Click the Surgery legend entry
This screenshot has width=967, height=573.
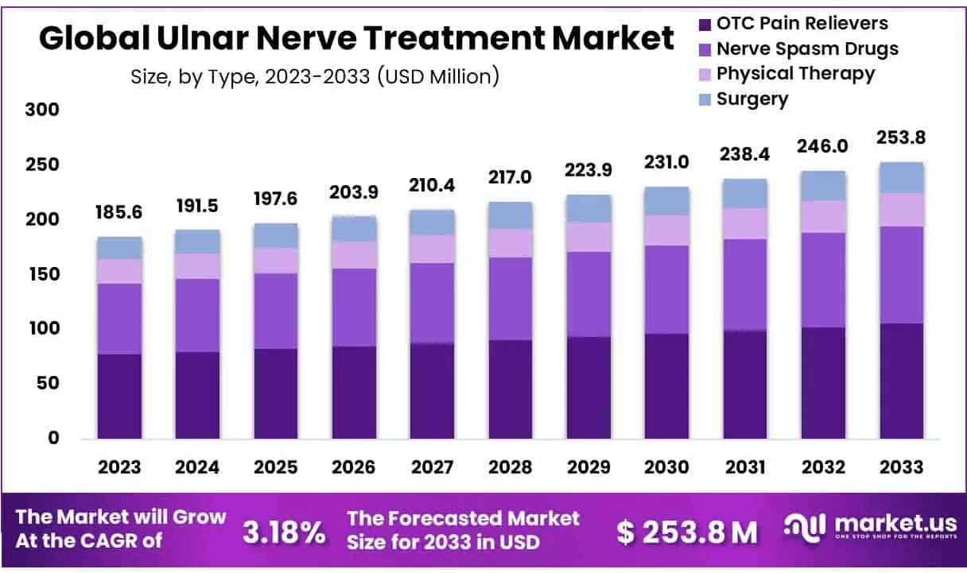pyautogui.click(x=751, y=99)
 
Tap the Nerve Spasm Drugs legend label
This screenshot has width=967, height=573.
pyautogui.click(x=806, y=48)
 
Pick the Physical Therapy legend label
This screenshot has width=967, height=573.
pyautogui.click(x=794, y=74)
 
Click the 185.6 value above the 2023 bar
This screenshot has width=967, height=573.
pyautogui.click(x=120, y=212)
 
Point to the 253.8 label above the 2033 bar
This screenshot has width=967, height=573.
pyautogui.click(x=901, y=137)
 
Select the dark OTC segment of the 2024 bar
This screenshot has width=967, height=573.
pyautogui.click(x=198, y=394)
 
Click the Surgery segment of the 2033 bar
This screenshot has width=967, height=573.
pyautogui.click(x=901, y=177)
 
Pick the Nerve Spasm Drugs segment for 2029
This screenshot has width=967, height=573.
pyautogui.click(x=588, y=294)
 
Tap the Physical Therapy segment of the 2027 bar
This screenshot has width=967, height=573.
pyautogui.click(x=432, y=249)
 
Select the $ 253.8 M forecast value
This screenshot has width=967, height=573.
pyautogui.click(x=687, y=532)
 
